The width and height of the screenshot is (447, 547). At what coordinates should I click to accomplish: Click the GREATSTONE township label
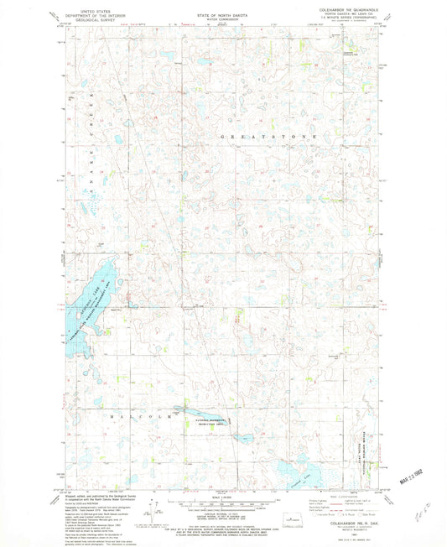pyautogui.click(x=268, y=135)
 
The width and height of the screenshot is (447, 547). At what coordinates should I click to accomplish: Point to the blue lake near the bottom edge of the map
pyautogui.click(x=289, y=470)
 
